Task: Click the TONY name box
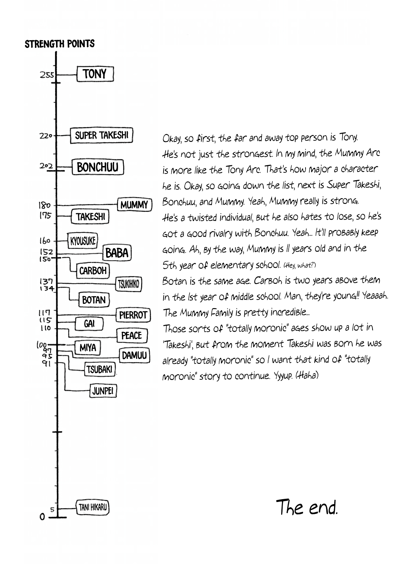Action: coord(95,74)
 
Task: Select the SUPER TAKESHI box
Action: coord(101,135)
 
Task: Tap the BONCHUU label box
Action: coord(98,167)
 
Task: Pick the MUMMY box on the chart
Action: coord(134,205)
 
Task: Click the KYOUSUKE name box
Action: coord(83,241)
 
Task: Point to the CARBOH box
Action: coord(93,271)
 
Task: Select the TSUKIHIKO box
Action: coord(129,284)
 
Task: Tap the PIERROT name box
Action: coord(133,315)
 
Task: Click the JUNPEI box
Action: coord(103,391)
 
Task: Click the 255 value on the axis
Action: coord(47,75)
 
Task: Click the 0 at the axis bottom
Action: coord(42,517)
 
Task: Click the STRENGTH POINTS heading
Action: coord(60,44)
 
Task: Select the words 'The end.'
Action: coord(306,507)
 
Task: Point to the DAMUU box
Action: coord(134,355)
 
